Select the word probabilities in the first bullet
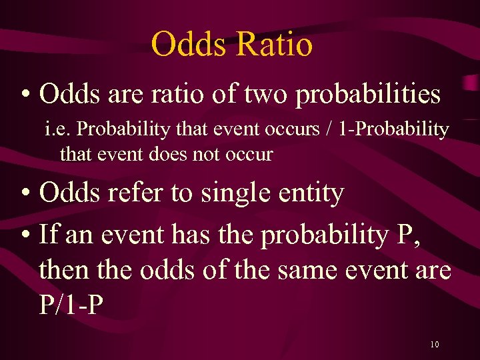coord(368,95)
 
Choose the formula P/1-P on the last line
coord(72,306)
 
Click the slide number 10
coord(434,345)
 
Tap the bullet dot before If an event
coord(25,235)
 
